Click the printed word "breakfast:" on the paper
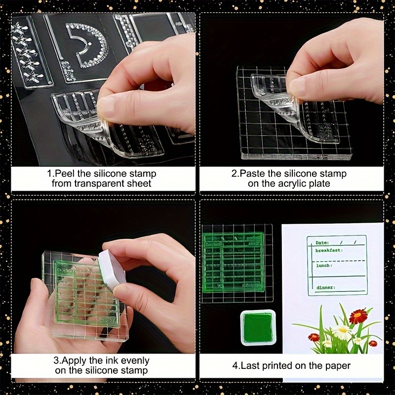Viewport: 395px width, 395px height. click(328, 251)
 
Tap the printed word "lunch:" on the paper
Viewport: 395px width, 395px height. click(323, 266)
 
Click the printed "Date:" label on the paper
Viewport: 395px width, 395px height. click(322, 243)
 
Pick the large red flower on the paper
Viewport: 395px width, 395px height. click(358, 316)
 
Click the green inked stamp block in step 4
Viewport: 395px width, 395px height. click(237, 264)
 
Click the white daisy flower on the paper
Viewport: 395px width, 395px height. click(342, 331)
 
